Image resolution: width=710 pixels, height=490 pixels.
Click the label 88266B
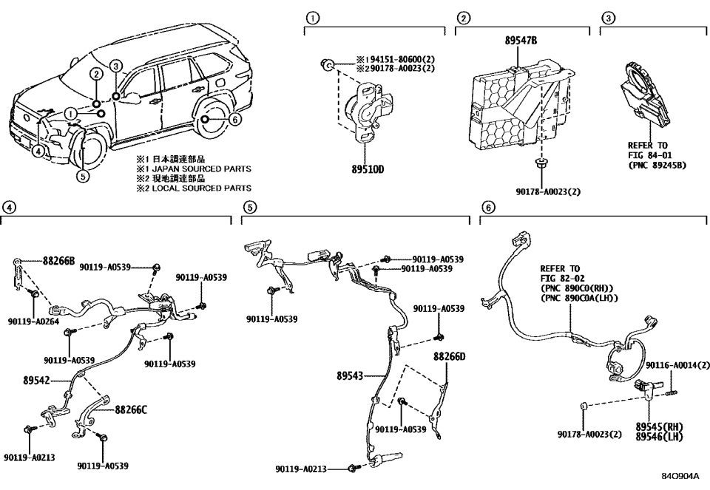click(58, 260)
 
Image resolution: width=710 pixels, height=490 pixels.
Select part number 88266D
click(450, 356)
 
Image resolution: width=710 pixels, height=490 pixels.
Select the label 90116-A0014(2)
click(677, 365)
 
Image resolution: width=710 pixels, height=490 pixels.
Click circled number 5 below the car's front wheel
click(83, 176)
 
